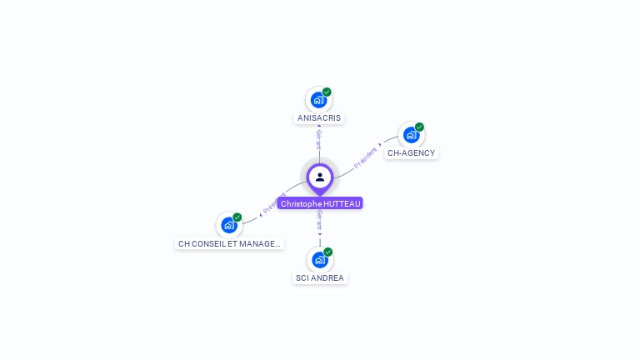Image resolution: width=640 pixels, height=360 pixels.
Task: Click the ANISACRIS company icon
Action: tap(318, 100)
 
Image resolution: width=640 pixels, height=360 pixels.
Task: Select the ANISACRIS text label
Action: tap(320, 118)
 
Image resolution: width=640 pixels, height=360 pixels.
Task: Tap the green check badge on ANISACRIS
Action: tap(327, 92)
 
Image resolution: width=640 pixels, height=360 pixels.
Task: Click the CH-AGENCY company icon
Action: tap(411, 135)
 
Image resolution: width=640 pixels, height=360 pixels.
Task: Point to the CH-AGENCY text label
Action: tap(412, 153)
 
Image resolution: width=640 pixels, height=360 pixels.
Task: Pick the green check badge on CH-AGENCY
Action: tap(419, 127)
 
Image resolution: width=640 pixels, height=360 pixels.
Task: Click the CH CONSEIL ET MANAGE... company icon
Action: tap(229, 225)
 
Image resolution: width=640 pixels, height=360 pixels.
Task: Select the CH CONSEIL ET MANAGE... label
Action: tap(230, 244)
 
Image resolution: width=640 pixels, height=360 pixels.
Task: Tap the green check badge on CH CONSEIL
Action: tap(237, 217)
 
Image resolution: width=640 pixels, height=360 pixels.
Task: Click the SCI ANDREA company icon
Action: tap(319, 260)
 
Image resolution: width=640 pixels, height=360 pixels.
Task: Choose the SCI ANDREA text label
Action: tap(320, 278)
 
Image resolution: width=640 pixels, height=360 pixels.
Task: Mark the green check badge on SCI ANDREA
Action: tap(327, 252)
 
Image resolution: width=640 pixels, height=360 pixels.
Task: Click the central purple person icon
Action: tap(320, 177)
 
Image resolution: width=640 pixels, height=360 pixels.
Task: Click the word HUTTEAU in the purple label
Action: tap(342, 203)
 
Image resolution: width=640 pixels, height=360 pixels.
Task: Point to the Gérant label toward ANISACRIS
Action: tap(319, 139)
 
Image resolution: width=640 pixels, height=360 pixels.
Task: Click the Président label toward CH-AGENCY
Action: tap(367, 157)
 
